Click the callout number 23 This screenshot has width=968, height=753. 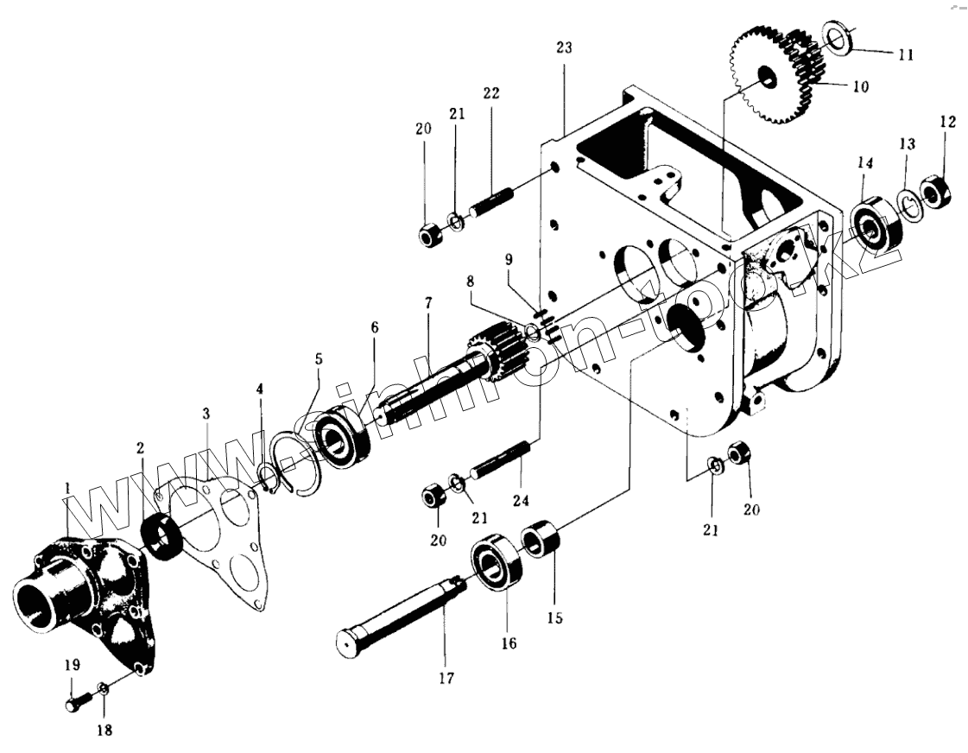(563, 48)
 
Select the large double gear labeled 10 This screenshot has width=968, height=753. (772, 78)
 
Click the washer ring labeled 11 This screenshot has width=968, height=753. (838, 37)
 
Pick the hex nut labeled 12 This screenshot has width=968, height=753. (937, 192)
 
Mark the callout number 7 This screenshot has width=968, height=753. (428, 304)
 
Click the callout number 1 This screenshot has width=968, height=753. (66, 490)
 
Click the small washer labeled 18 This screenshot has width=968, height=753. (102, 689)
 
